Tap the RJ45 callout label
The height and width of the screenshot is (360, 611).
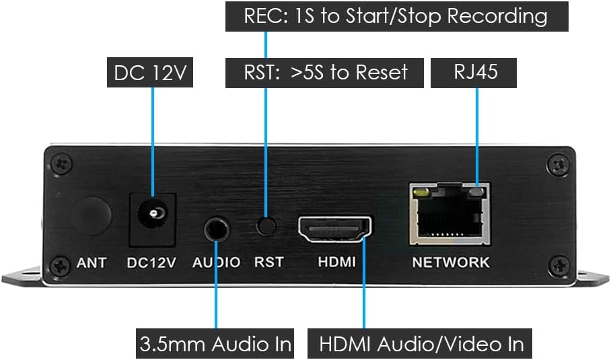pos(476,72)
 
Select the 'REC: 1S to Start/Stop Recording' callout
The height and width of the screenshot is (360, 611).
pos(396,16)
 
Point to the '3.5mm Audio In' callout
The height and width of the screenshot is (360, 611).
pos(215,343)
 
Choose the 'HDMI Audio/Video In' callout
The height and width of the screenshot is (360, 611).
pos(421,343)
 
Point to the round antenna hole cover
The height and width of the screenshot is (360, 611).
pos(92,215)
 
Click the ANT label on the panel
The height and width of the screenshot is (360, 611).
pos(91,262)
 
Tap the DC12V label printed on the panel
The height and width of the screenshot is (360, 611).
pos(151,262)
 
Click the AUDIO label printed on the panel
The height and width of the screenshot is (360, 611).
pos(216,262)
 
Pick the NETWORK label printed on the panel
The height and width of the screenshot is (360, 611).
pos(451,262)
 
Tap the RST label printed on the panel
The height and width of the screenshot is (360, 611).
pos(268,262)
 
